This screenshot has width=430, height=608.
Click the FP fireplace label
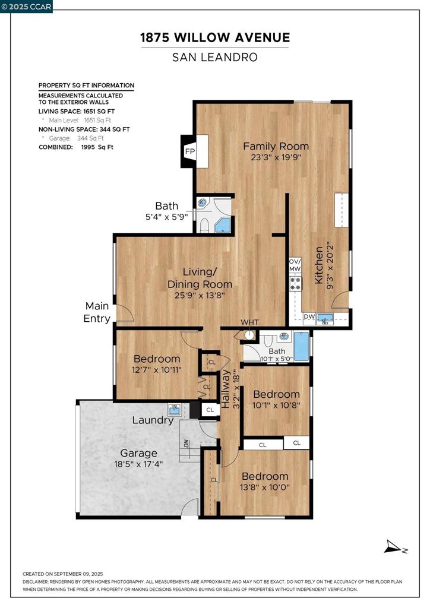tap(190, 151)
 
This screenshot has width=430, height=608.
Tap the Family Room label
tap(276, 146)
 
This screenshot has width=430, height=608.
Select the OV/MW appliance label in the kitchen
tap(295, 265)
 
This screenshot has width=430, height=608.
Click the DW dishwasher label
tap(309, 316)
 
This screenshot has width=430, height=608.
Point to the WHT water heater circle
tap(250, 334)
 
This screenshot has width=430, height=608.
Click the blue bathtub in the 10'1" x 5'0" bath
tap(301, 346)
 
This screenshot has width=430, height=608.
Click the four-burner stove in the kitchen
tap(295, 283)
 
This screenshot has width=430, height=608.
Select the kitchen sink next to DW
tap(325, 319)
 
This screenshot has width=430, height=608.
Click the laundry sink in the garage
tap(175, 409)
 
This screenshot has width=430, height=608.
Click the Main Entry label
tap(97, 312)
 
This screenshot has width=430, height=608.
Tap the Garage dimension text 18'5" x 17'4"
tap(138, 464)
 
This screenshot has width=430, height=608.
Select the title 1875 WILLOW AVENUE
tap(215, 37)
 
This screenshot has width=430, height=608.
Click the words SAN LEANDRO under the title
tap(215, 58)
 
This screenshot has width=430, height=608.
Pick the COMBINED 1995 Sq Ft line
tap(76, 147)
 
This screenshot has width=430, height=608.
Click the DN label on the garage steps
tap(186, 443)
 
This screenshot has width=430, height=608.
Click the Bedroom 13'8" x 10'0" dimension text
tap(265, 487)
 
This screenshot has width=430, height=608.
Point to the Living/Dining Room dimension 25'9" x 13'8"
tap(200, 295)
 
